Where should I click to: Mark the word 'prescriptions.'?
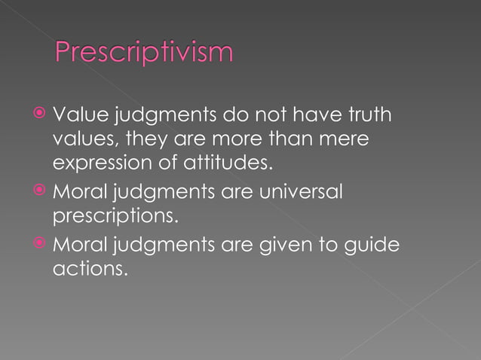click(115, 218)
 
